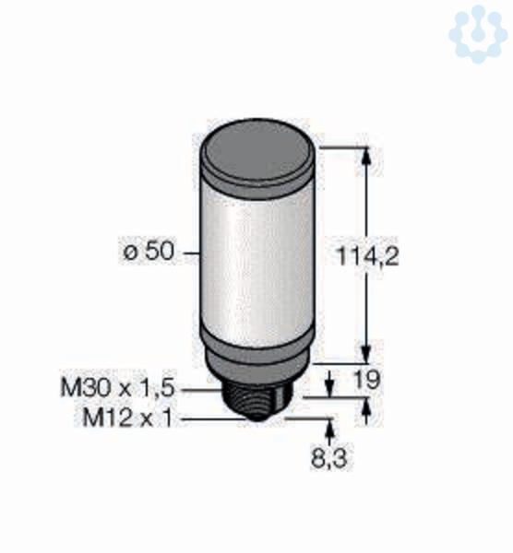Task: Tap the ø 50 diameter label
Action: pos(149,252)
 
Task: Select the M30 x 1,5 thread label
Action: pos(118,388)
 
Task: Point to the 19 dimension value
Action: pos(367,380)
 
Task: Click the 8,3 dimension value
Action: pos(329,458)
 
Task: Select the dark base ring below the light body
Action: pos(257,358)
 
